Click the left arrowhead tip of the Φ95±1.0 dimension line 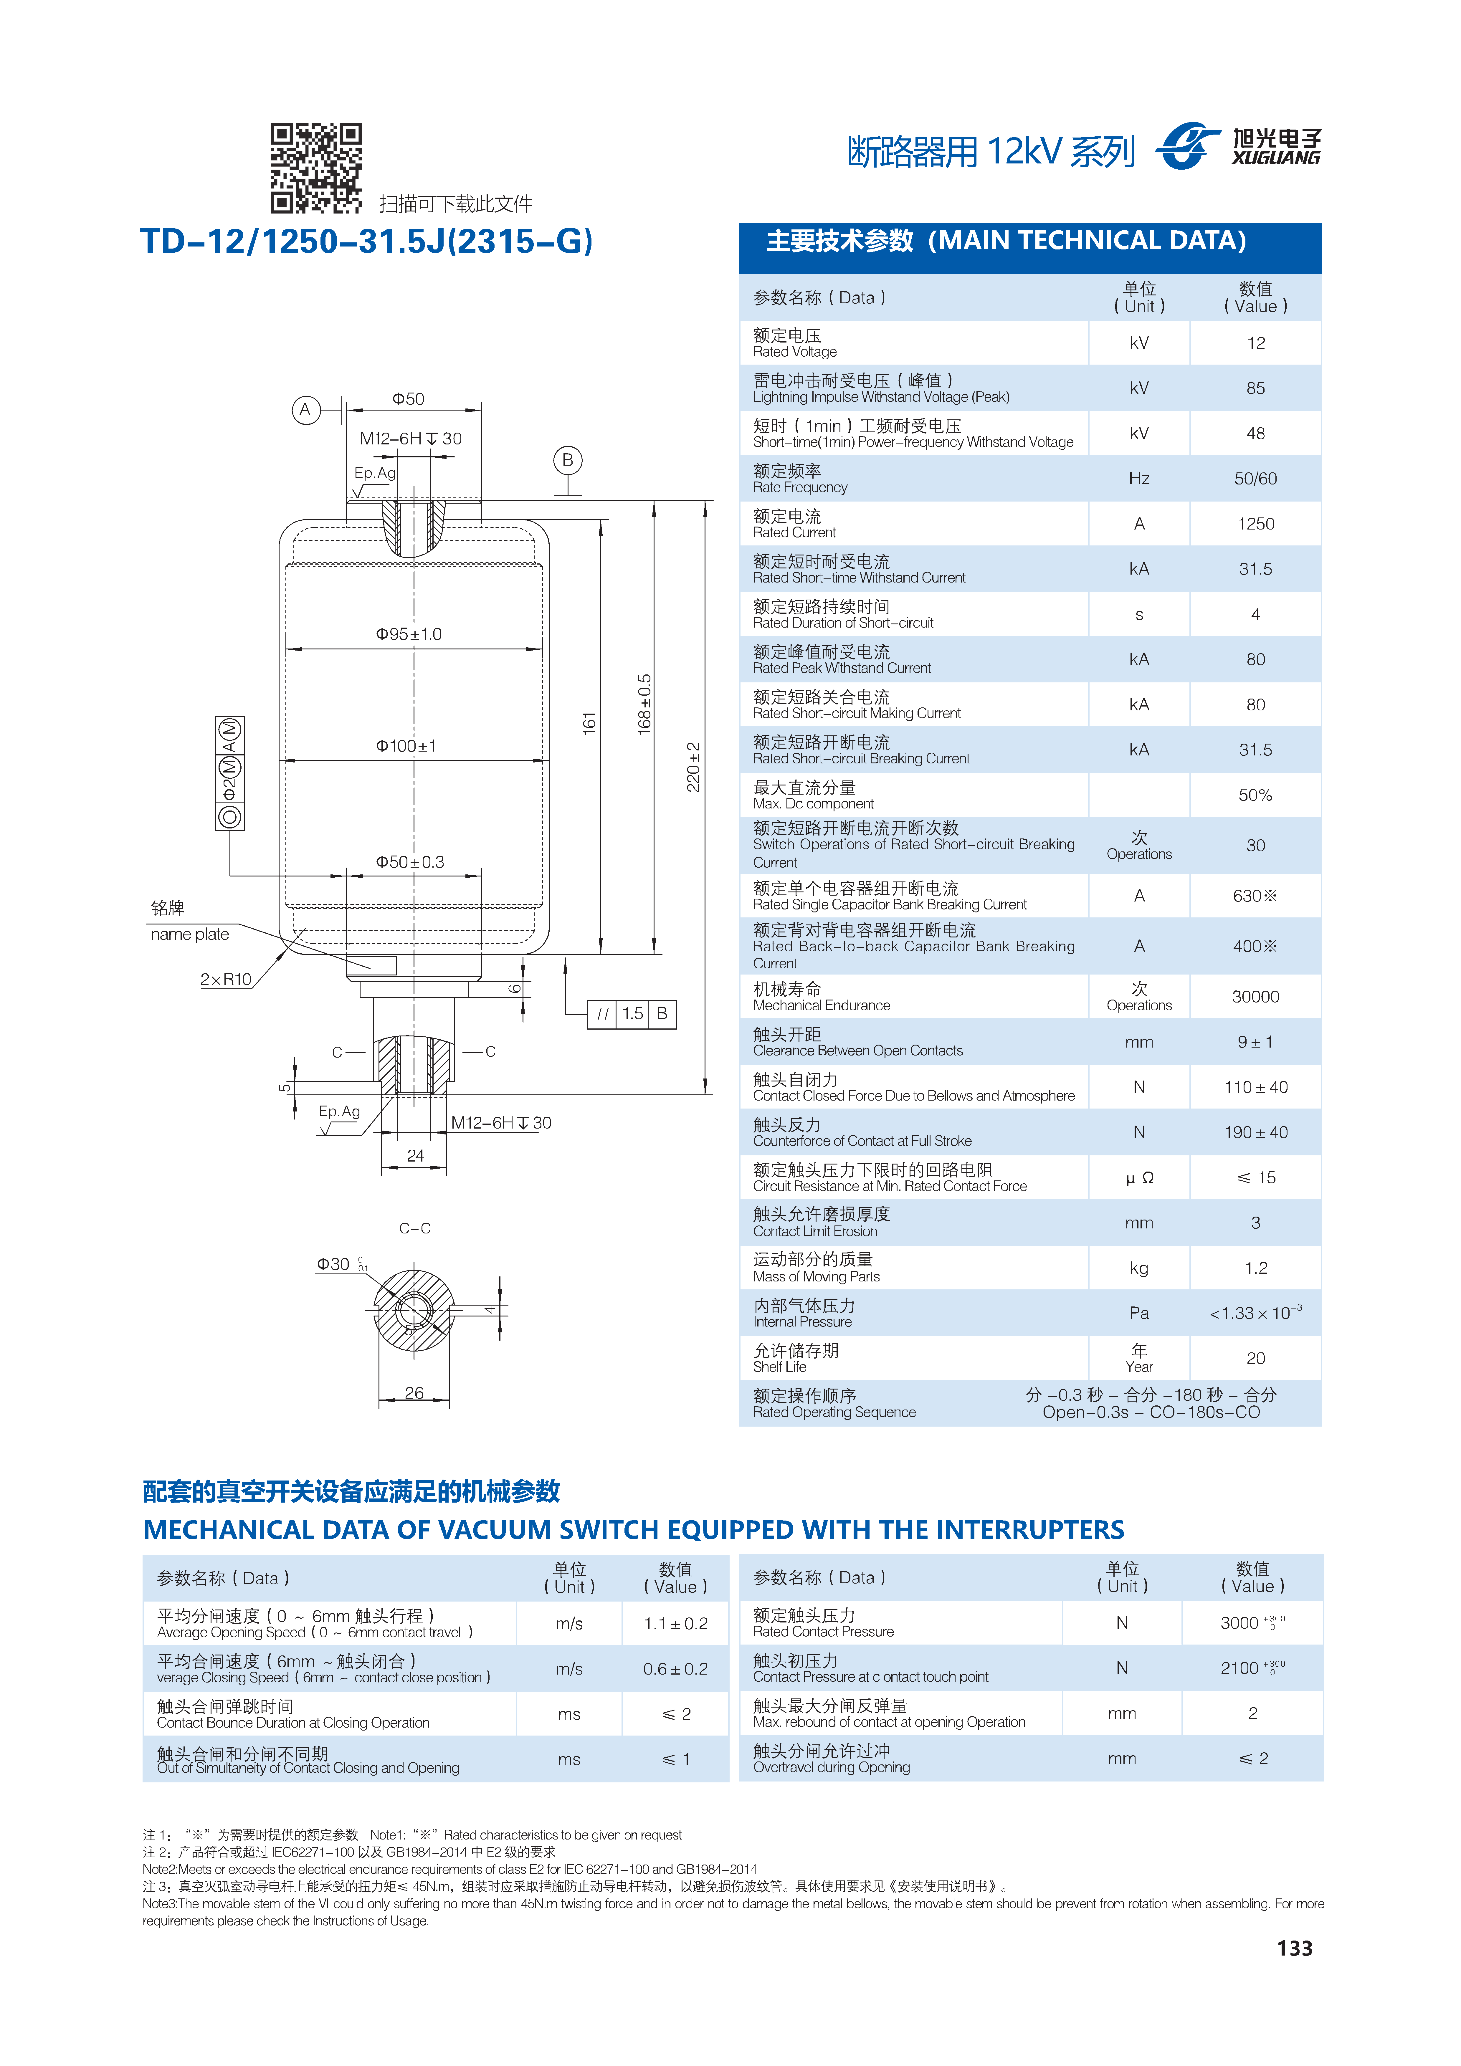coord(286,649)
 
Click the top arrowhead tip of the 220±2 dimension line coord(705,501)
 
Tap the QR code coord(316,168)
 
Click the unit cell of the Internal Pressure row coord(1139,1313)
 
